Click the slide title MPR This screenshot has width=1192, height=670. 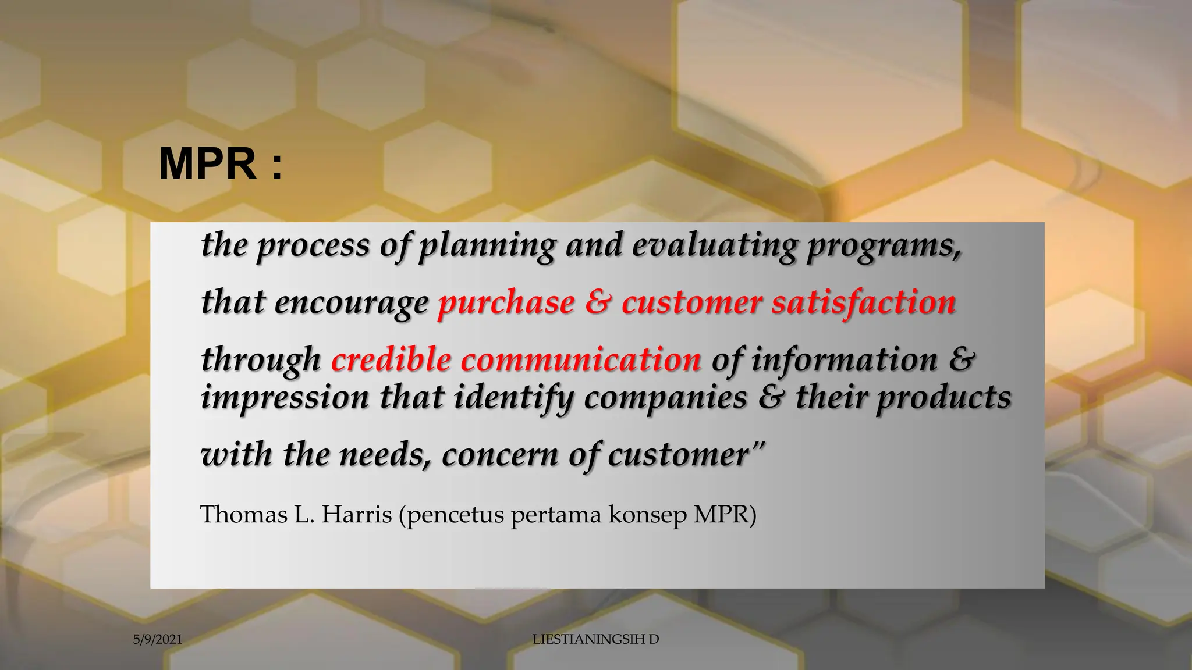(220, 165)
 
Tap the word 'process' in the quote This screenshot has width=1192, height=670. (313, 245)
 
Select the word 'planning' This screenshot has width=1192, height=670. (488, 245)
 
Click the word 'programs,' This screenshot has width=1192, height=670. (884, 245)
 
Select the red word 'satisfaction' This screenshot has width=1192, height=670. (864, 302)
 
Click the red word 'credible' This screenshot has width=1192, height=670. (391, 359)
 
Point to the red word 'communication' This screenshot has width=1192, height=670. (581, 359)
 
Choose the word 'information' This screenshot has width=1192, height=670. (845, 359)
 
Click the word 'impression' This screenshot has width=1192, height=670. (285, 398)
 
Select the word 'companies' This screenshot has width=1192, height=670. (665, 398)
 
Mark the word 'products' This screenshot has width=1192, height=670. (944, 398)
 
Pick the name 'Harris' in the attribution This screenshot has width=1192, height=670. (356, 515)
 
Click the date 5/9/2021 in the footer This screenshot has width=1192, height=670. (158, 640)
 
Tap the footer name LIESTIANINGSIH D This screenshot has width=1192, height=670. (595, 639)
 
